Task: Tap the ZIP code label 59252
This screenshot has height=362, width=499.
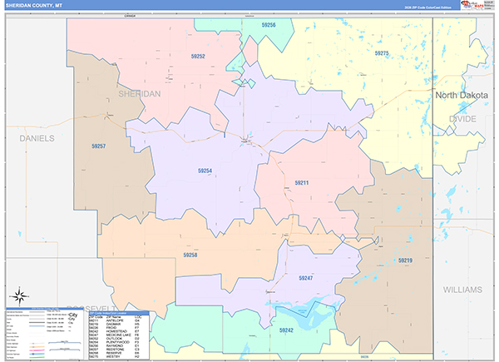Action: [x=198, y=57]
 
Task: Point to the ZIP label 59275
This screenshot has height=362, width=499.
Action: [x=381, y=53]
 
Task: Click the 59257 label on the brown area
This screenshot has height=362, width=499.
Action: [x=98, y=146]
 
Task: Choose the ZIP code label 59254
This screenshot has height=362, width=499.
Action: [x=205, y=171]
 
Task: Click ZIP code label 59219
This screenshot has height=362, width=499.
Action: [x=405, y=260]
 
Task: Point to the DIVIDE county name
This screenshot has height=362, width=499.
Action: [x=464, y=119]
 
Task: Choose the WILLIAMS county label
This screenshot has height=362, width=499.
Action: [x=462, y=290]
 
